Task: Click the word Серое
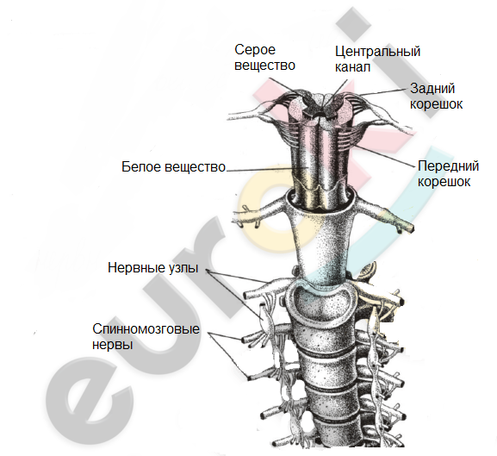click(x=255, y=50)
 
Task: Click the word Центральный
click(x=377, y=52)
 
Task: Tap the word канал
click(x=352, y=67)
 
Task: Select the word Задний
click(x=432, y=89)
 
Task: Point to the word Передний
click(x=448, y=166)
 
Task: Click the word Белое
click(x=141, y=167)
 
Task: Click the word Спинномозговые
click(x=146, y=328)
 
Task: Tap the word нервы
click(x=112, y=345)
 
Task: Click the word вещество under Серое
click(x=264, y=66)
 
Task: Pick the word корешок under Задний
click(x=436, y=104)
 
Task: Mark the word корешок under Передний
click(x=444, y=182)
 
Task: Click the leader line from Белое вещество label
click(x=266, y=169)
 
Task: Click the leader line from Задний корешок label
click(x=381, y=92)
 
